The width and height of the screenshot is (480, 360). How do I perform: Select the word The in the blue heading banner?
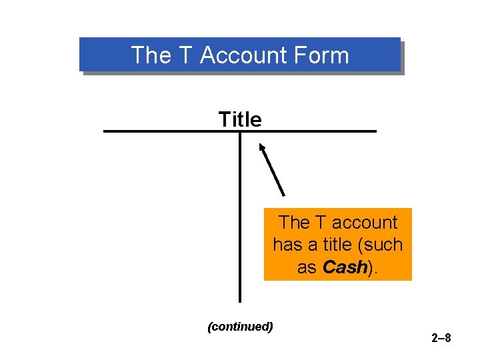[151, 55]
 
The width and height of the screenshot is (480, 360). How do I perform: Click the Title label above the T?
[240, 119]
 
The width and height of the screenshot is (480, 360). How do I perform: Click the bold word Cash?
[344, 267]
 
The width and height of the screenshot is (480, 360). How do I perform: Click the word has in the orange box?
[287, 245]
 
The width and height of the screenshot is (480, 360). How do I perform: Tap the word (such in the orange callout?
[380, 245]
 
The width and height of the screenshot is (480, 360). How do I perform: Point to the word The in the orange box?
[294, 223]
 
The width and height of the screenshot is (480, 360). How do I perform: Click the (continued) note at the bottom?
[241, 327]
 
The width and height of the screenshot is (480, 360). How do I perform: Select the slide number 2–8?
[441, 339]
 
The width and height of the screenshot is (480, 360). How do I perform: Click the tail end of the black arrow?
[284, 194]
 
